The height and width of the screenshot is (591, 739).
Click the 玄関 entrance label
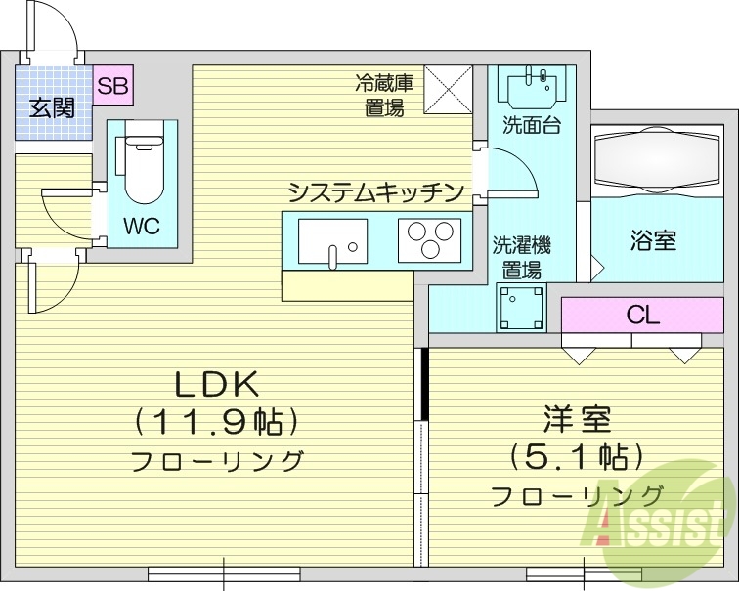click(x=52, y=107)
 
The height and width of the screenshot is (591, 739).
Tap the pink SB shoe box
click(x=112, y=86)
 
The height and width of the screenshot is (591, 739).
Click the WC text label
click(x=141, y=226)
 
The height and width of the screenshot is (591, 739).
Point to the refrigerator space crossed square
click(x=448, y=91)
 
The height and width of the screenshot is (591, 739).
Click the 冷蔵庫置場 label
click(x=384, y=96)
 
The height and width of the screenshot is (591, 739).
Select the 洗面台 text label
click(x=531, y=126)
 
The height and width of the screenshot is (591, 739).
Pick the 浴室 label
click(x=653, y=240)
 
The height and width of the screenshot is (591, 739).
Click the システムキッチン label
click(x=374, y=190)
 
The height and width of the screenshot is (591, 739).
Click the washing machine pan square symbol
click(x=521, y=307)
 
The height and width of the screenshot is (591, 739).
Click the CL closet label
click(x=642, y=316)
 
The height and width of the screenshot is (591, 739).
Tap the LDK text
click(x=217, y=382)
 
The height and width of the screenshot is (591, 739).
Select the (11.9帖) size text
click(x=216, y=422)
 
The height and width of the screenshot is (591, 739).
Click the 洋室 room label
click(x=577, y=420)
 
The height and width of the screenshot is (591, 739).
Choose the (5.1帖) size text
click(x=577, y=456)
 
